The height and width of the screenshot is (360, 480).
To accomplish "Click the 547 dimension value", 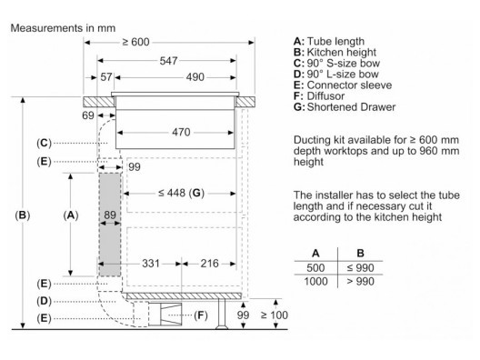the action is pyautogui.click(x=168, y=61).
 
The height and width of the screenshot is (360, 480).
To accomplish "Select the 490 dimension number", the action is pyautogui.click(x=195, y=77).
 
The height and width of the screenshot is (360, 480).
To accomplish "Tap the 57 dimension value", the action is pyautogui.click(x=106, y=77).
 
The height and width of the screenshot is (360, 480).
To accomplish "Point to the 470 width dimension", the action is pyautogui.click(x=181, y=132).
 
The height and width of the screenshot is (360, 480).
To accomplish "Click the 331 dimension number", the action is pyautogui.click(x=151, y=264).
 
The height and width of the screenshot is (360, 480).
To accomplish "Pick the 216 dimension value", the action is pyautogui.click(x=209, y=264).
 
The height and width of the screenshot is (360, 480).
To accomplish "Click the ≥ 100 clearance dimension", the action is pyautogui.click(x=274, y=315).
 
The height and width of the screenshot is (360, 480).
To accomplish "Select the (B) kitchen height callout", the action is pyautogui.click(x=23, y=215).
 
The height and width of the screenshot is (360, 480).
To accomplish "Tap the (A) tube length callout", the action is pyautogui.click(x=71, y=215).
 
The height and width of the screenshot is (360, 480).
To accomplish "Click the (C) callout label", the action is pyautogui.click(x=44, y=143).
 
